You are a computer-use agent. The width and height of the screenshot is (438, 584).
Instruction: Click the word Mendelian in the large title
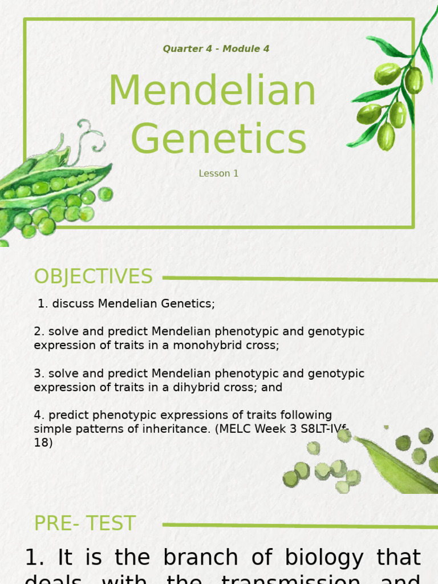[212, 91]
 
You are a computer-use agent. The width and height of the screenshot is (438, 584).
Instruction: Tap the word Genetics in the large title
[218, 139]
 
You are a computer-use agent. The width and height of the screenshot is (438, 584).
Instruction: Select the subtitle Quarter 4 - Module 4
[216, 49]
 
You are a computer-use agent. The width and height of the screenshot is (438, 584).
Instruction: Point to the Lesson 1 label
[218, 173]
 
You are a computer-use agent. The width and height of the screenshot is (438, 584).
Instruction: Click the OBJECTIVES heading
[93, 277]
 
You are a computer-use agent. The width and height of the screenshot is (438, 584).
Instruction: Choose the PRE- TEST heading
[84, 524]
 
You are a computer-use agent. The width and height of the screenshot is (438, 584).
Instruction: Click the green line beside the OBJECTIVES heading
[297, 279]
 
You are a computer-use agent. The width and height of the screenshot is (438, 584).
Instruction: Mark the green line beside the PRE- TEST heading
[297, 525]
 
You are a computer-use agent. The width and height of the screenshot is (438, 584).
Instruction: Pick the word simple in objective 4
[55, 429]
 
